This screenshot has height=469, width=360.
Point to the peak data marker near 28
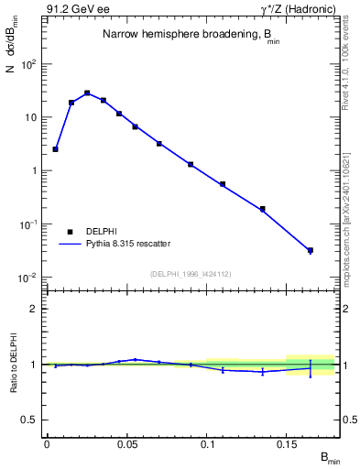(x=87, y=93)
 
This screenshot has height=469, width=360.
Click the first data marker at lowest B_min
(x=55, y=148)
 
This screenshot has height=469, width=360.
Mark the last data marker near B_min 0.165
(x=311, y=250)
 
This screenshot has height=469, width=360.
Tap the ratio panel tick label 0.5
(x=30, y=420)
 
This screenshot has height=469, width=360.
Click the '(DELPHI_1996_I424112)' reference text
(x=191, y=272)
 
